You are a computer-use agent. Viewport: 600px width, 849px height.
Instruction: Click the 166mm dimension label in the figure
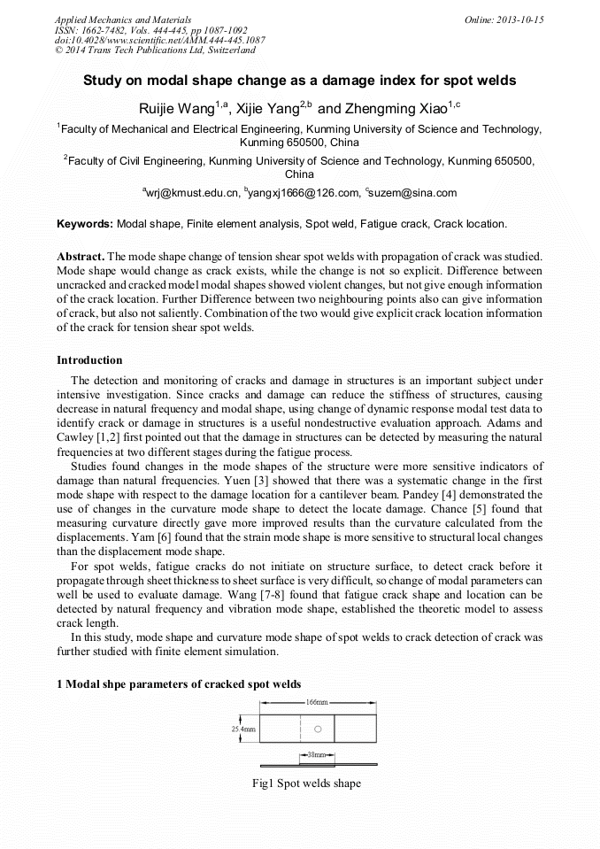[316, 702]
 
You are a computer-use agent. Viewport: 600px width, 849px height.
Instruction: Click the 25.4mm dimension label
[243, 729]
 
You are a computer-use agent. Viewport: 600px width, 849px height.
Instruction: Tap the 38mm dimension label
[312, 755]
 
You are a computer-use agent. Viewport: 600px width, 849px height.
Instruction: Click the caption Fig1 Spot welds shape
[306, 783]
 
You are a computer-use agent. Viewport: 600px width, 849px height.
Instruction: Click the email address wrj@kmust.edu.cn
[192, 193]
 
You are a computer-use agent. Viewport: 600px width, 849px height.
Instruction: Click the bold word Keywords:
[85, 225]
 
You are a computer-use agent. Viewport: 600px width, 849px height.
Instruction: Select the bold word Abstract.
[81, 256]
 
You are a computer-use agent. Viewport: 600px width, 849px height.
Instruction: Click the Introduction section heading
[89, 360]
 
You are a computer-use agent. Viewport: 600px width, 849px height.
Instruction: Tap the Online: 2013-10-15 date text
[504, 19]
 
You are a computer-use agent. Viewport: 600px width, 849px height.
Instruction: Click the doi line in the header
[159, 41]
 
